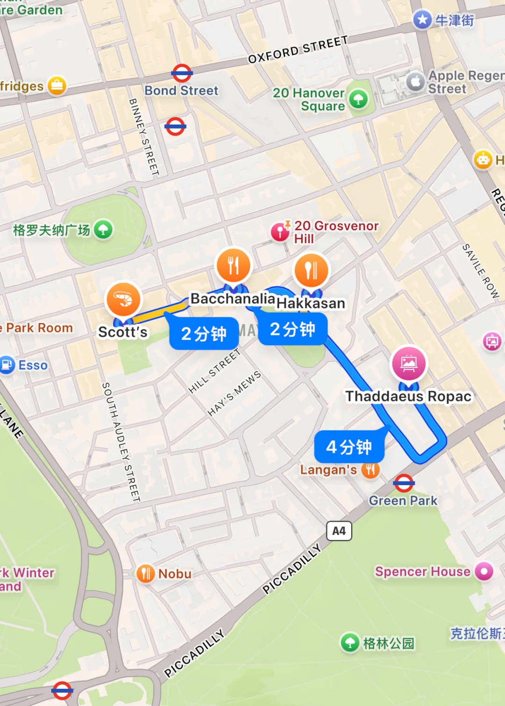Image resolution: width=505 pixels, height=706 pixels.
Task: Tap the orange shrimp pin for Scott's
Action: (x=123, y=299)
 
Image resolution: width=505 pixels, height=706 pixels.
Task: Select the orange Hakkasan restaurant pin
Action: (x=311, y=270)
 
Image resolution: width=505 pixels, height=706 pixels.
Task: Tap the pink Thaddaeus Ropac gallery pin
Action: (x=409, y=364)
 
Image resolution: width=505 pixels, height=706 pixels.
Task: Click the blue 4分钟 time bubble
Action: (x=349, y=447)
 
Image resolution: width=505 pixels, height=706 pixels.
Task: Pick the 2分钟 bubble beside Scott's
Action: (x=204, y=334)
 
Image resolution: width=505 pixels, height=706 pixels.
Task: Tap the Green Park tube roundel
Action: (x=404, y=483)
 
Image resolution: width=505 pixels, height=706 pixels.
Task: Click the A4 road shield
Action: (x=339, y=531)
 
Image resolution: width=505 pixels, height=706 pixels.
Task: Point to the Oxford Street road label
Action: (x=298, y=50)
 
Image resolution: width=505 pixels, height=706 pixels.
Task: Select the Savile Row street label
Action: (x=481, y=271)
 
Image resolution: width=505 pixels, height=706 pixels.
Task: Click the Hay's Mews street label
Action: (x=234, y=393)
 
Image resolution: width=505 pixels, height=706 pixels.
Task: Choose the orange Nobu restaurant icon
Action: (x=145, y=573)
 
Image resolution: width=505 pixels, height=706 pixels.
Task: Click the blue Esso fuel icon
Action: (x=7, y=365)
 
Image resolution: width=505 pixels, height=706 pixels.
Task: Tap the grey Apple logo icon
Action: (x=415, y=82)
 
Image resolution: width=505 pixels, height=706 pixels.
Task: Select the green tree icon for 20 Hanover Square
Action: (x=359, y=99)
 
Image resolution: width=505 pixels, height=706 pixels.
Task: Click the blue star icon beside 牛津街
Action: (x=423, y=20)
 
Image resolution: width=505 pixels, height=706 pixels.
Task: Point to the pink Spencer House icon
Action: (x=484, y=571)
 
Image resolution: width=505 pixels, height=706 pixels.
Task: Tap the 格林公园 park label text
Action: (x=389, y=643)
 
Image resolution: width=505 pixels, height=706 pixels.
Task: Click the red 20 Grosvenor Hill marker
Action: (x=280, y=232)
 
